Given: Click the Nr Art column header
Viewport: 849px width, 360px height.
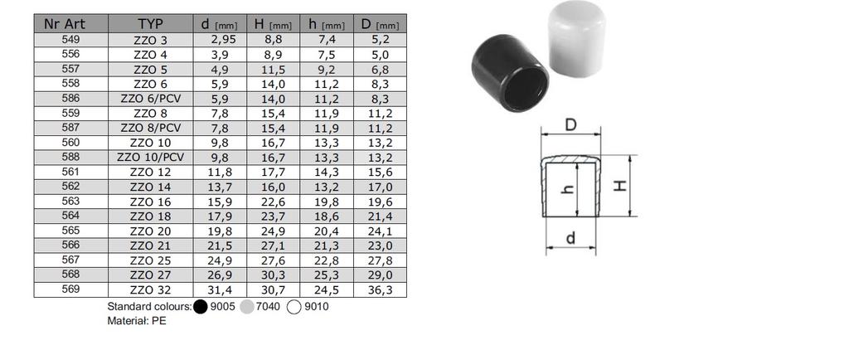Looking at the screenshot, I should [x=70, y=24].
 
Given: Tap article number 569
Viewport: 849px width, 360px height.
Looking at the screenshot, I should [x=70, y=289].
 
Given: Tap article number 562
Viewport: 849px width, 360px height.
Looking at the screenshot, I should [x=70, y=186].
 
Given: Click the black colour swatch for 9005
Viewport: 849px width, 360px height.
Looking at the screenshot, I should [x=201, y=307].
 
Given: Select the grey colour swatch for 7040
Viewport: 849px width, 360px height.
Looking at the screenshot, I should [x=247, y=307].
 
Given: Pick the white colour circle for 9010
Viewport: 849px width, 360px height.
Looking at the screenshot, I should [x=294, y=307].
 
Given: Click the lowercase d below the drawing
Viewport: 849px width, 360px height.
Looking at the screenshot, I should [x=570, y=240].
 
